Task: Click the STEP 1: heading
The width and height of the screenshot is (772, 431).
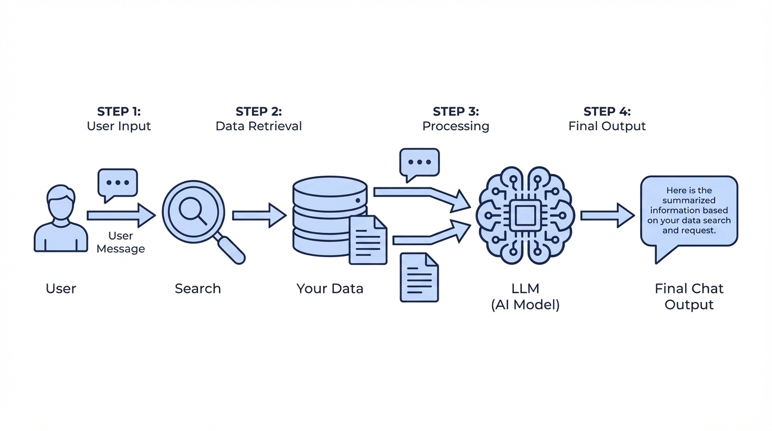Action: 119,111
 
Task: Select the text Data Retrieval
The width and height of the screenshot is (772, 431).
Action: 259,126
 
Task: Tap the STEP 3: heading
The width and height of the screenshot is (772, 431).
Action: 456,111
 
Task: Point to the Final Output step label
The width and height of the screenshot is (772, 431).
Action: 607,126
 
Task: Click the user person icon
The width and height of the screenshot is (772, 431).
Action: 61,219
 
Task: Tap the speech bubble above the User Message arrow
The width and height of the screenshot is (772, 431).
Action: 118,183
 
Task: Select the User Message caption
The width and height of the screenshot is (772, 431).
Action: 121,242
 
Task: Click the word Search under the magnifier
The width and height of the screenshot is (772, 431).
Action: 197,288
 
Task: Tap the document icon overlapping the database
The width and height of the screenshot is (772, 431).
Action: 368,240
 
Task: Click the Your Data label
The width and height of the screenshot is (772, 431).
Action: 330,288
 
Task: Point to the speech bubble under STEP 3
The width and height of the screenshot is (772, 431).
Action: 420,163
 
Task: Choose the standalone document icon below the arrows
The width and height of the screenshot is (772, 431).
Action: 419,277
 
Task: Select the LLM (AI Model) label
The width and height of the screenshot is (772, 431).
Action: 525,297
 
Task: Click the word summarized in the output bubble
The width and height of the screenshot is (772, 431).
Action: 689,200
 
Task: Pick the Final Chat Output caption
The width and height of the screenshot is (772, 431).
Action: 689,297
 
